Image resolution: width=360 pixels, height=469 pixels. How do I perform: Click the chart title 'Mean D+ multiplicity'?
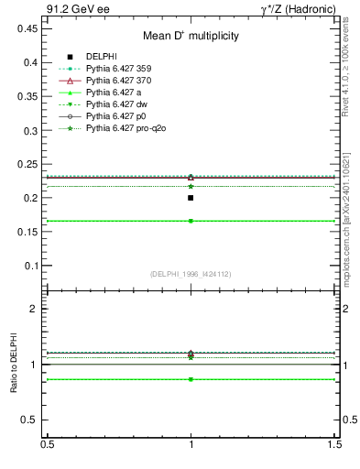pyautogui.click(x=191, y=36)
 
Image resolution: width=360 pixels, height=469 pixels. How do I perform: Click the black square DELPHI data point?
pyautogui.click(x=191, y=198)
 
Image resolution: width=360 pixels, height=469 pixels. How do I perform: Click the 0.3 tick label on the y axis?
pyautogui.click(x=30, y=130)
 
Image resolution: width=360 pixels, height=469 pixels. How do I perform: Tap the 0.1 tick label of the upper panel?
pyautogui.click(x=30, y=266)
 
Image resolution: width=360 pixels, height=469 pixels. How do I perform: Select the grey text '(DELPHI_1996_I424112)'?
pyautogui.click(x=191, y=273)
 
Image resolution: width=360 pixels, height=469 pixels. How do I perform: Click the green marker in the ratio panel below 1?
pyautogui.click(x=191, y=379)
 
